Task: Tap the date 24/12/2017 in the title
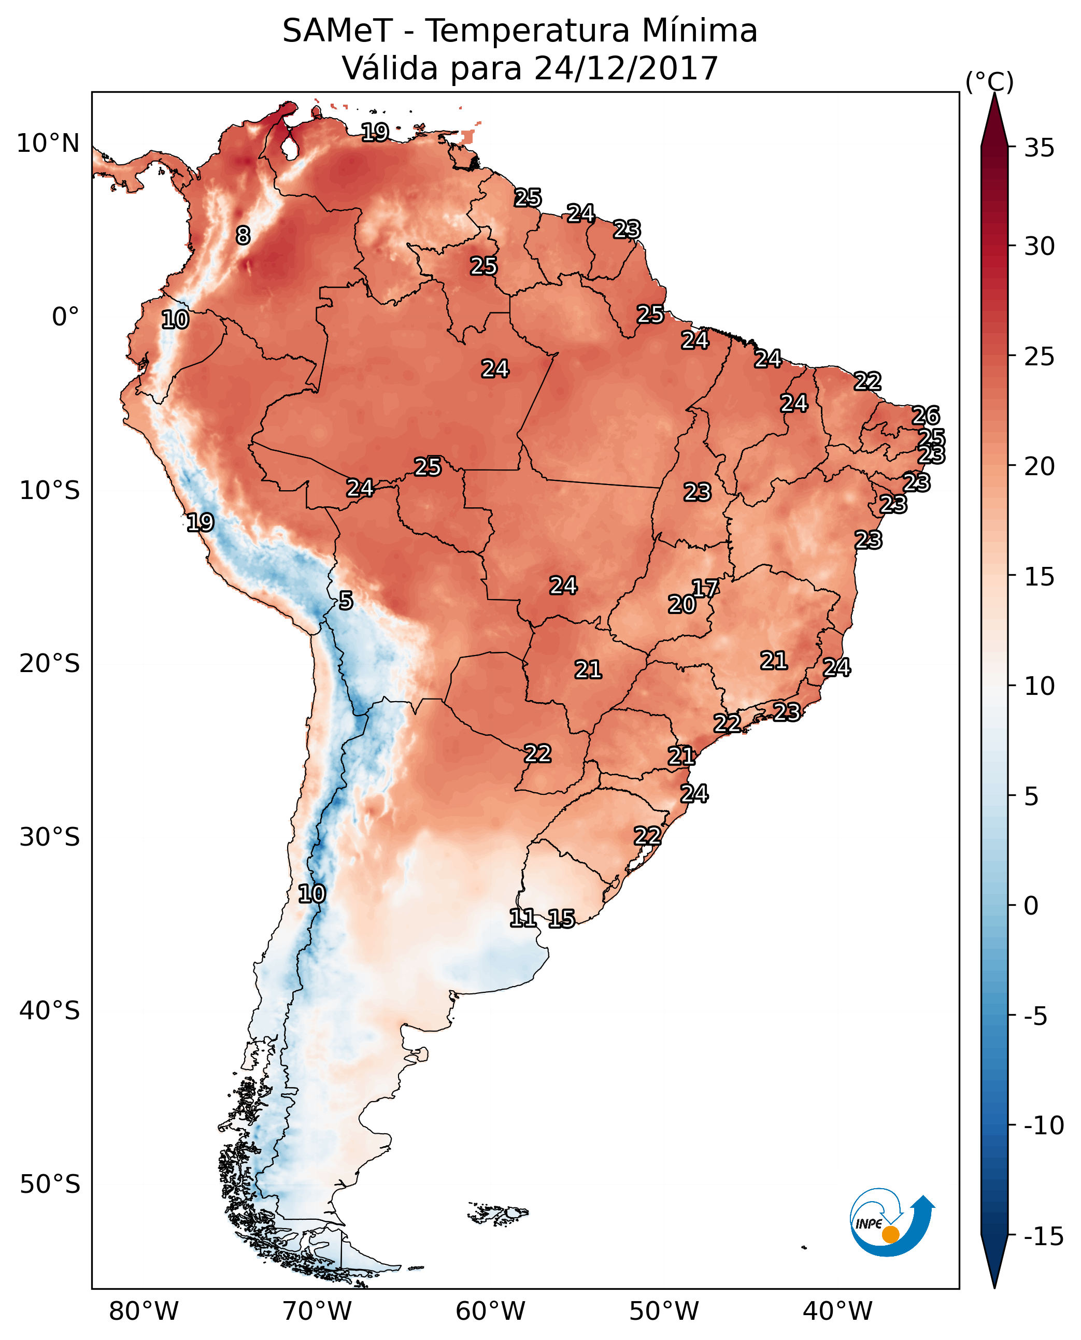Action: point(627,68)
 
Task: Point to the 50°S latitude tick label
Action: point(50,1184)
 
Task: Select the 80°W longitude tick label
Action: point(144,1312)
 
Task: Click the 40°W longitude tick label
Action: point(837,1312)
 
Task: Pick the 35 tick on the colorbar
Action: point(1039,148)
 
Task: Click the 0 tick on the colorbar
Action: point(1031,906)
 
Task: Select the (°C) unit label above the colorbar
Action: point(989,81)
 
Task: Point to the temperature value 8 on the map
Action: point(243,235)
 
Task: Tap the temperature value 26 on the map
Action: point(926,416)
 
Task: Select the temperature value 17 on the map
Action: point(705,588)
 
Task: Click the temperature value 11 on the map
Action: point(522,917)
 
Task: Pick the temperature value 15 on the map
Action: point(561,918)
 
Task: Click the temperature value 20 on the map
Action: point(681,604)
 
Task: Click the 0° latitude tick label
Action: point(65,317)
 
